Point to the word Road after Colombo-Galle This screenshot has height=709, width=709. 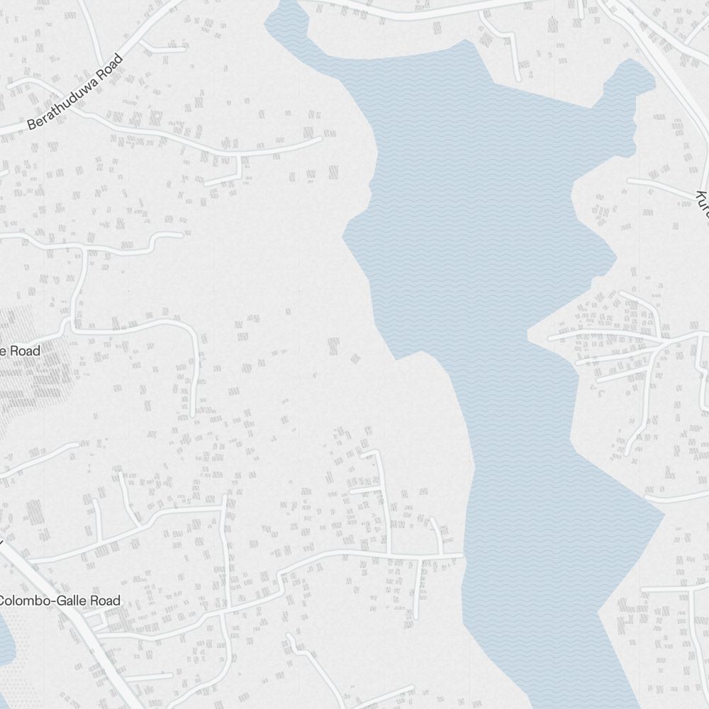click(x=102, y=601)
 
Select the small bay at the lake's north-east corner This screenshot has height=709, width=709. click(x=628, y=78)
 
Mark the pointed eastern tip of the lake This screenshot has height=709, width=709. click(x=663, y=515)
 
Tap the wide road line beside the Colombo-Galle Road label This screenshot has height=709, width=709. click(x=78, y=617)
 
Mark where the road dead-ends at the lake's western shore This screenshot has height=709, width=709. click(x=461, y=556)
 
